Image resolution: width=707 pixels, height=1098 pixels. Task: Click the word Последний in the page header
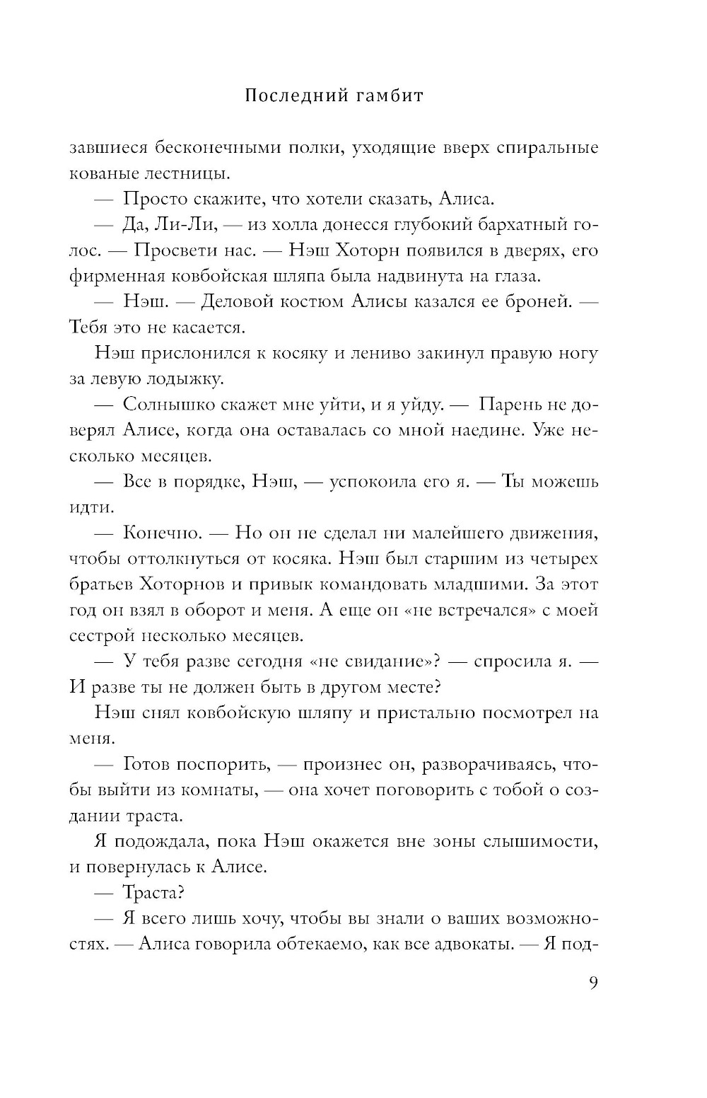point(290,96)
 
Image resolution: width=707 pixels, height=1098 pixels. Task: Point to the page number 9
point(593,983)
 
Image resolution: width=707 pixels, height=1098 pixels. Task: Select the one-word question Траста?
point(153,893)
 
